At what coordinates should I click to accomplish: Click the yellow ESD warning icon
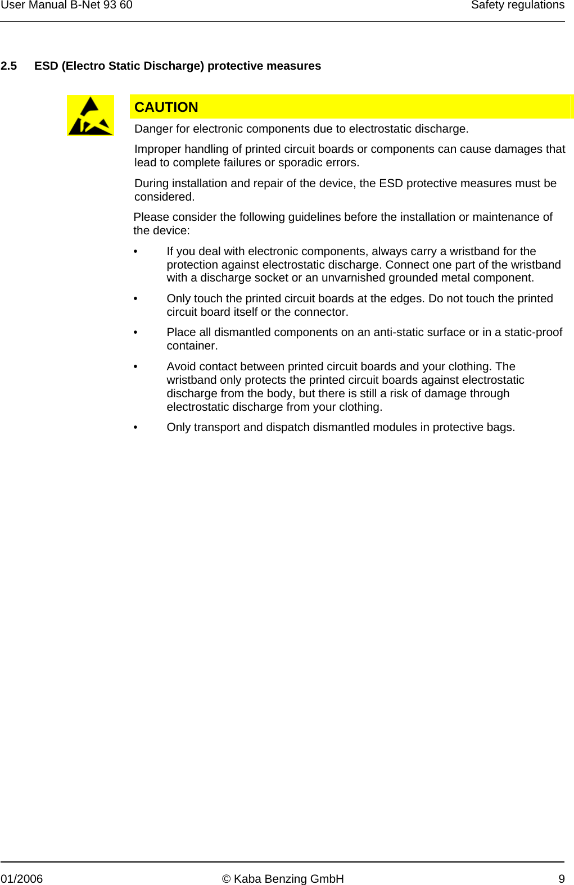click(x=91, y=116)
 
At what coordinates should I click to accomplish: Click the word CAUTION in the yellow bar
click(x=166, y=107)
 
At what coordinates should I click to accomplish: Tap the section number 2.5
click(x=9, y=66)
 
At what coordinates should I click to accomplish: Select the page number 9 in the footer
click(x=562, y=879)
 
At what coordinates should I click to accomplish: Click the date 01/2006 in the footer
click(x=22, y=879)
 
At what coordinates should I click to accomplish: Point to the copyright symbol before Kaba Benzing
click(x=227, y=879)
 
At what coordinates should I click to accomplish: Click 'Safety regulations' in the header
click(x=517, y=5)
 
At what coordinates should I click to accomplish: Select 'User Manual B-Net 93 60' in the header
click(x=67, y=5)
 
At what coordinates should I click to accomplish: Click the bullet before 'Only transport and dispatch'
click(x=135, y=428)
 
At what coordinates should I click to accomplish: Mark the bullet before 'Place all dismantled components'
click(x=135, y=333)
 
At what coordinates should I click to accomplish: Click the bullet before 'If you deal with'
click(x=135, y=252)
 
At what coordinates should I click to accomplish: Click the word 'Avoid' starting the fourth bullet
click(x=181, y=366)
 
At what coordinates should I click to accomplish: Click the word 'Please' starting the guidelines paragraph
click(x=151, y=217)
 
